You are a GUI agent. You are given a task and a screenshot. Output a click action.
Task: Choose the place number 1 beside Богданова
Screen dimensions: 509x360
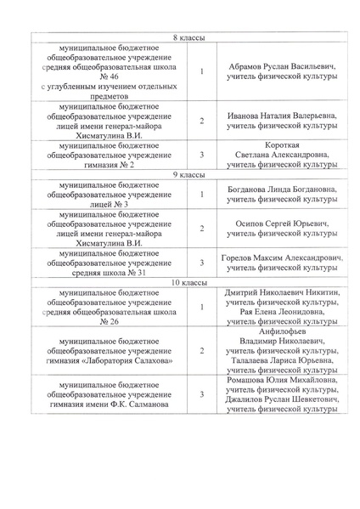pyautogui.click(x=202, y=194)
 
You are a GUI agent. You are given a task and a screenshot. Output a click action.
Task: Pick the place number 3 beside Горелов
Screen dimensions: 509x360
pyautogui.click(x=202, y=263)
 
